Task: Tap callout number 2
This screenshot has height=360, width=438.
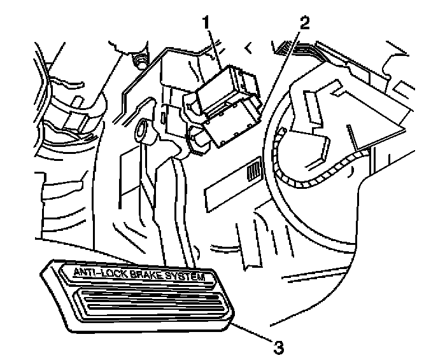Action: (304, 24)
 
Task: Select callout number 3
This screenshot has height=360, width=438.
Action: (278, 347)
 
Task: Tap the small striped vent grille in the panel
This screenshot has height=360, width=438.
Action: (255, 170)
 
